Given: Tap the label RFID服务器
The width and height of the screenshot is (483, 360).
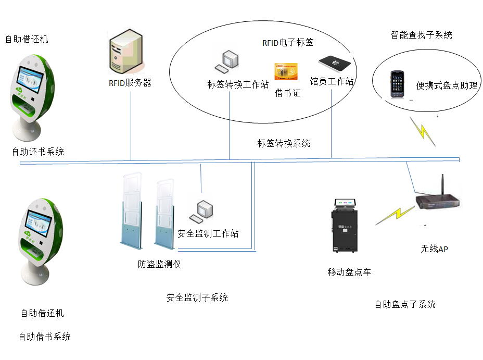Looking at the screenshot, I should tap(130, 83).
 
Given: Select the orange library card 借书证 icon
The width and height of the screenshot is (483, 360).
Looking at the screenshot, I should tap(286, 72).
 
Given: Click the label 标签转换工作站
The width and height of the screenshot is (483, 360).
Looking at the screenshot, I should tap(238, 85).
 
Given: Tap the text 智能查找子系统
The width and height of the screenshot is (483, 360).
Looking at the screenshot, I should tap(421, 35).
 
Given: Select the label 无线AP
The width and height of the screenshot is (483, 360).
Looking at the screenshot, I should tap(434, 249).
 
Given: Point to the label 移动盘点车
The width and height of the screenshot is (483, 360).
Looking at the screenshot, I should tap(349, 272).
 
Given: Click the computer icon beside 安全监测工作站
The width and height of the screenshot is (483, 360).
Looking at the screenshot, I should tap(201, 210).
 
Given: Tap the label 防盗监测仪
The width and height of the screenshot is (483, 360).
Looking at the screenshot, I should tap(159, 264).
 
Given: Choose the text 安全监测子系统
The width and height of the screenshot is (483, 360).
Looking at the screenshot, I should tap(197, 298).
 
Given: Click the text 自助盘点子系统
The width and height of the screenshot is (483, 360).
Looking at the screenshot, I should tap(405, 304).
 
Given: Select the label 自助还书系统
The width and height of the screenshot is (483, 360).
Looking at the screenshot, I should tap(38, 152).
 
